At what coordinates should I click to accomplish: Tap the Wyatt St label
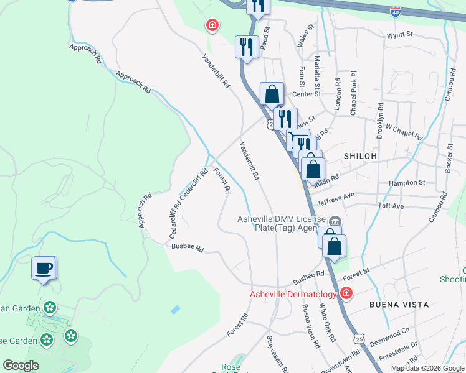coord(399,35)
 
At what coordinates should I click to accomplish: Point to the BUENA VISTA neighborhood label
coord(399,305)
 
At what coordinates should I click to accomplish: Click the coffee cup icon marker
coord(44,269)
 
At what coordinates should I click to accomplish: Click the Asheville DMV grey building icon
coord(336,221)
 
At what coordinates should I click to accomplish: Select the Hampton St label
coord(406,183)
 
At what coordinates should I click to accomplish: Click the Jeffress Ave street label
coord(335,199)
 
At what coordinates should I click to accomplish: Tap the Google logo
coord(21,366)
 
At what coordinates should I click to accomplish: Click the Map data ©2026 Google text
coord(427,368)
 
